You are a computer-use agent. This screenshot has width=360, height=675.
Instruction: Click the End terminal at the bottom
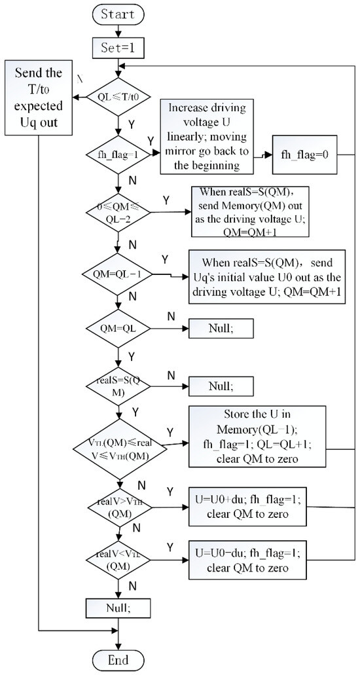point(118,659)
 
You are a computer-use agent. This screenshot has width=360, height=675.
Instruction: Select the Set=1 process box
point(118,46)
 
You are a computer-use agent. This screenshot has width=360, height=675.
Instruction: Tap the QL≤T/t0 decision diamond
point(118,98)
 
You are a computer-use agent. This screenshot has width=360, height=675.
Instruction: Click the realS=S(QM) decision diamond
point(118,387)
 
